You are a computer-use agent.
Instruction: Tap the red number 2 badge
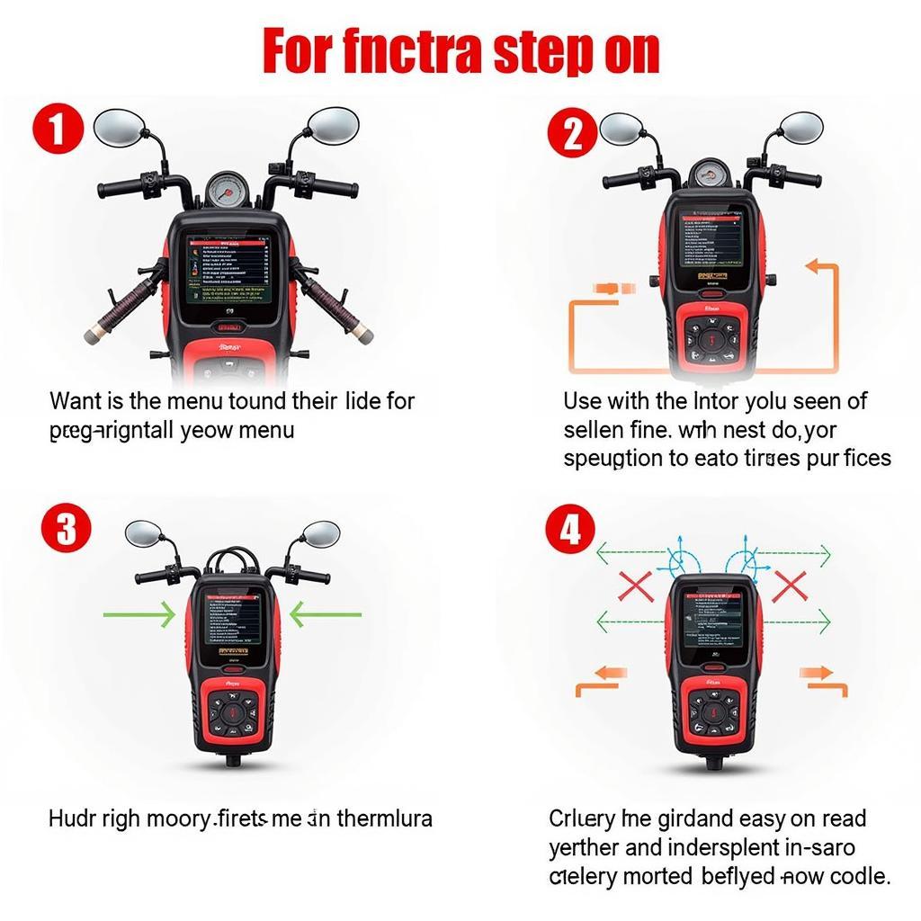(572, 134)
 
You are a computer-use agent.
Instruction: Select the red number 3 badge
(67, 528)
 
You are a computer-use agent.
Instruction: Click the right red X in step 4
(789, 586)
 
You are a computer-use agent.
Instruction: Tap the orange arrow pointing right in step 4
(820, 676)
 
